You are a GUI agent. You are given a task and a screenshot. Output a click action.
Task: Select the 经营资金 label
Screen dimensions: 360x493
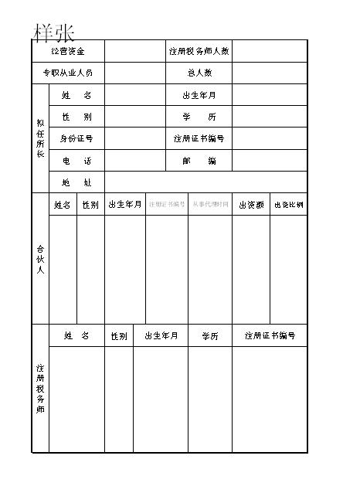pyautogui.click(x=68, y=51)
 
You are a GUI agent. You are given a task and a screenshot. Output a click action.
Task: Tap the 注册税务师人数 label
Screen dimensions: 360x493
pyautogui.click(x=199, y=51)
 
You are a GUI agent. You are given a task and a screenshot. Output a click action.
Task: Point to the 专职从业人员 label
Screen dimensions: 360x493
pyautogui.click(x=68, y=73)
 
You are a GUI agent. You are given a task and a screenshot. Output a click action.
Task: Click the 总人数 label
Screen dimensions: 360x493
pyautogui.click(x=199, y=73)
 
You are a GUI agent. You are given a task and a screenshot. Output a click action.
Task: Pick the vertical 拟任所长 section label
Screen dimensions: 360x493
pyautogui.click(x=40, y=138)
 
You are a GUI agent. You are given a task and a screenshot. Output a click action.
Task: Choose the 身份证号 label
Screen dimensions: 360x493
pyautogui.click(x=76, y=139)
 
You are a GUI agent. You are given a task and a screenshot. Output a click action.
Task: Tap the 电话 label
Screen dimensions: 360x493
pyautogui.click(x=76, y=161)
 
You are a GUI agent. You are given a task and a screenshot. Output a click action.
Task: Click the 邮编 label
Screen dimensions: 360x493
pyautogui.click(x=199, y=161)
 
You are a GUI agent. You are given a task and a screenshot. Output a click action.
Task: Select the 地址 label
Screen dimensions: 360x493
pyautogui.click(x=76, y=182)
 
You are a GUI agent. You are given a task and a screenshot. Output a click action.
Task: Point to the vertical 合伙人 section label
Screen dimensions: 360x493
pyautogui.click(x=40, y=259)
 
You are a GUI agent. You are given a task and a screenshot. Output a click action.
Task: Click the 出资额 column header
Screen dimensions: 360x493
pyautogui.click(x=251, y=205)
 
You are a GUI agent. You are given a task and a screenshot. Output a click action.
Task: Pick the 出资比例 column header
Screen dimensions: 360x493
pyautogui.click(x=288, y=205)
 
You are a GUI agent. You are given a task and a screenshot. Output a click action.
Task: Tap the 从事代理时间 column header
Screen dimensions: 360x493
pyautogui.click(x=210, y=205)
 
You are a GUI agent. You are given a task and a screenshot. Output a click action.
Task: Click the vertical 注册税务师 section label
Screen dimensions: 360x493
pyautogui.click(x=40, y=389)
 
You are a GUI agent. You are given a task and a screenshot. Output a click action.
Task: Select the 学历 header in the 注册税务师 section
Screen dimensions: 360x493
pyautogui.click(x=210, y=336)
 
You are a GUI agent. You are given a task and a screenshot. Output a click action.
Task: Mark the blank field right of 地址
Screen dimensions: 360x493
pyautogui.click(x=205, y=182)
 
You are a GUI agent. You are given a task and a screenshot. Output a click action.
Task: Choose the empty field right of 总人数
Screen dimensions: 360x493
pyautogui.click(x=269, y=73)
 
